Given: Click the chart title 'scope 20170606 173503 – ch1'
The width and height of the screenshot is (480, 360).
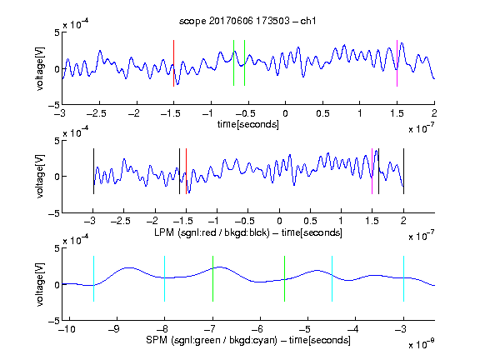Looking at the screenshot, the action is click(x=247, y=21).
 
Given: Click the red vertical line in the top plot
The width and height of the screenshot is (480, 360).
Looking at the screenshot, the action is click(x=173, y=63).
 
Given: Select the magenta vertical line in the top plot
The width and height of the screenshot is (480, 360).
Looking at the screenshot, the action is click(x=397, y=63).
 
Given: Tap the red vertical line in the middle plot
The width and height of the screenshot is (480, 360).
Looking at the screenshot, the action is click(x=186, y=171).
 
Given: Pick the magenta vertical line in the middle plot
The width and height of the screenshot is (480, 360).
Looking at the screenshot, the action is click(x=372, y=171).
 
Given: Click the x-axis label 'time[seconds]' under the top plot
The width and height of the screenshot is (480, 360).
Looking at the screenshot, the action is click(x=248, y=124).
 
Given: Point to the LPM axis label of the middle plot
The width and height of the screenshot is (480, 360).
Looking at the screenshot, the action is click(x=248, y=232).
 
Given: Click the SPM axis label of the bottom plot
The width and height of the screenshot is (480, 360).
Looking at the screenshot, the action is click(x=248, y=340).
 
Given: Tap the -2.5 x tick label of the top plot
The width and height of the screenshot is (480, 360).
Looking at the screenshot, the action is click(x=97, y=113).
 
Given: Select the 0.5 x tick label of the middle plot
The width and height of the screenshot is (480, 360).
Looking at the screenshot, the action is click(x=310, y=221).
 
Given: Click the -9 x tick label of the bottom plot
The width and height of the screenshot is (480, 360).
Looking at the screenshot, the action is click(x=114, y=329).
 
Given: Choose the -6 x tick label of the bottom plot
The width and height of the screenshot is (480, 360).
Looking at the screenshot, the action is click(x=257, y=329).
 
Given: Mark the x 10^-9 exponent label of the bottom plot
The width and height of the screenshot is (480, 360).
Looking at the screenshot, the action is click(x=421, y=344).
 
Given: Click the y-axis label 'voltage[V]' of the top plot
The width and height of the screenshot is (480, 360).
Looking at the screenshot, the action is click(x=40, y=68).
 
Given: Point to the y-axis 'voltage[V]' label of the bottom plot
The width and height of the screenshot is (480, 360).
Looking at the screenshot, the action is click(x=40, y=284).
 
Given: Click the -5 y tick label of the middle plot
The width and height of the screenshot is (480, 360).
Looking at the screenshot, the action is click(x=54, y=213).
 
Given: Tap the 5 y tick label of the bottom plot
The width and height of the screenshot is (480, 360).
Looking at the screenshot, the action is click(x=57, y=248).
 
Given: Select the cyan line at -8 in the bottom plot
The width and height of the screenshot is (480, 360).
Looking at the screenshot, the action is click(x=165, y=278).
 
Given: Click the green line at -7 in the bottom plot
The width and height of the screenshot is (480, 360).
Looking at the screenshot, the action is click(x=212, y=278).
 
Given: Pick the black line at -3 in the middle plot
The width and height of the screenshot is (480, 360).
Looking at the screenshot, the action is click(x=93, y=171).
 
